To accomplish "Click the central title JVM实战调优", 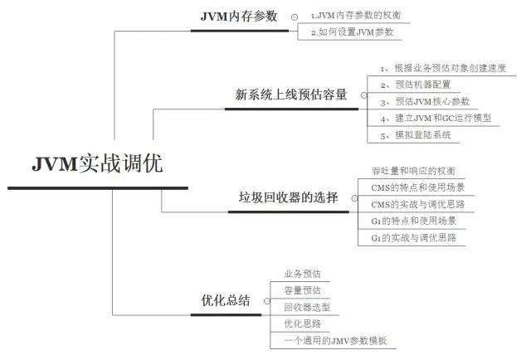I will pos(98,163).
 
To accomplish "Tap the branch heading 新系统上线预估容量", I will pos(290,94).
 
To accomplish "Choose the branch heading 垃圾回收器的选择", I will pos(288,197).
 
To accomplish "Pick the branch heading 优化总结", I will pos(226,300).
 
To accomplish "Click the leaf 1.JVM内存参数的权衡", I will pos(354,15).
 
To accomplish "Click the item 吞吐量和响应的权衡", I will pos(412,170).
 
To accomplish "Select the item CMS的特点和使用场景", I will pos(417,187).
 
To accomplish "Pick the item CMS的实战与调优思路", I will pos(417,204).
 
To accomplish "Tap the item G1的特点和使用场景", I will pos(413,221).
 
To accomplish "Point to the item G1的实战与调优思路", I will pos(413,238).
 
